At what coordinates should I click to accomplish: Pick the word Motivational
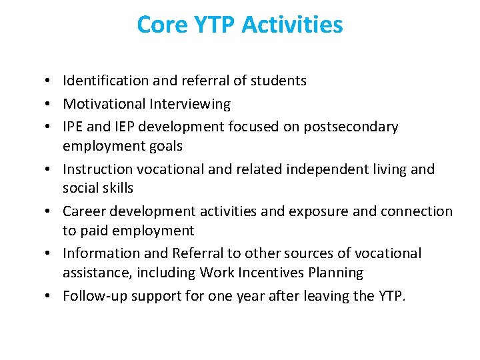tap(104, 104)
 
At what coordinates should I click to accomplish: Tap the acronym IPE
tap(74, 127)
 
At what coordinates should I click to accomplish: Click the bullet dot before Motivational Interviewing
tap(51, 105)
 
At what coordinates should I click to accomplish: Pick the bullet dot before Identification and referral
tap(51, 81)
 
